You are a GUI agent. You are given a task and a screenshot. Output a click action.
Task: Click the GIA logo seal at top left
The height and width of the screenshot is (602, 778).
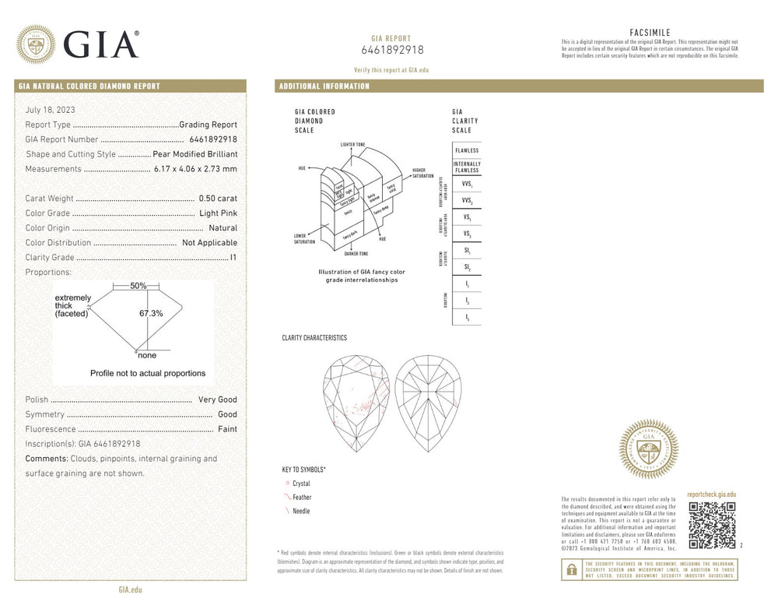tap(36, 44)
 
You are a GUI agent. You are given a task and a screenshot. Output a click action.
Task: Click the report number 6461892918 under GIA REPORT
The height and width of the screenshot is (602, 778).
tap(392, 51)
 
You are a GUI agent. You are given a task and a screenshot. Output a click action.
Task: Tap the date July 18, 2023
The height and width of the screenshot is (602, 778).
tap(51, 110)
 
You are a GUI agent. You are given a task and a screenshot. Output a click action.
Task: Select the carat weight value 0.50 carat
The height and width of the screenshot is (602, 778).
tap(218, 199)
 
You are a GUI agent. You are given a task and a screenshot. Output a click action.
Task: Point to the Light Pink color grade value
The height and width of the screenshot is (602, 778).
tap(218, 213)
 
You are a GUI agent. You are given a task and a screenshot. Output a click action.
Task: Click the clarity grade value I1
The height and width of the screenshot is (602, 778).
tap(233, 258)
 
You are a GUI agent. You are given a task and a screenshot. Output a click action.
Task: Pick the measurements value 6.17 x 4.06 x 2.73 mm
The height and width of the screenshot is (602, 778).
tap(194, 169)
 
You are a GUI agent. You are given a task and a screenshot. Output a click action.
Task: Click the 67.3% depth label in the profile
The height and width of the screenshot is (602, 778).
tap(151, 313)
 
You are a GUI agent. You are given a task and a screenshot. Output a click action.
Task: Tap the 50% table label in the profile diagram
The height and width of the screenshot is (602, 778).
tap(138, 286)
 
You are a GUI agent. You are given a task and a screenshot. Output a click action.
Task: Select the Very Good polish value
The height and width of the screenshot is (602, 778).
tap(217, 400)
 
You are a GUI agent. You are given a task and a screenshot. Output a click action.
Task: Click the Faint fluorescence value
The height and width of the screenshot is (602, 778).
tap(226, 429)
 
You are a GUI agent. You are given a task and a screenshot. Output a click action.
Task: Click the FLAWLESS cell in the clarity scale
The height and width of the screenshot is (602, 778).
tap(467, 150)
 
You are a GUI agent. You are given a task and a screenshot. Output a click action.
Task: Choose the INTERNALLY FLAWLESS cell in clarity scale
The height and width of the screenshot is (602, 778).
tap(467, 167)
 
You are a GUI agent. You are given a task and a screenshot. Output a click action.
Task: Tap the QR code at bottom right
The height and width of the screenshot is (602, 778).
tap(712, 525)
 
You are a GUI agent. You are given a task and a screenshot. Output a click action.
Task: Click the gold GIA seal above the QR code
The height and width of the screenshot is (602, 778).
tap(648, 449)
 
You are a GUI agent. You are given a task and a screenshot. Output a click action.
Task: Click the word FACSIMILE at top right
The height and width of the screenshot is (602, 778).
tap(650, 32)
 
